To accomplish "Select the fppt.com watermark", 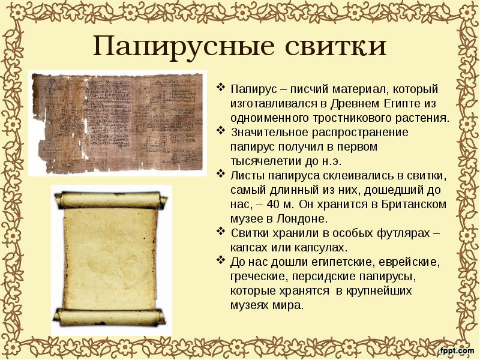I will [457, 349].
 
